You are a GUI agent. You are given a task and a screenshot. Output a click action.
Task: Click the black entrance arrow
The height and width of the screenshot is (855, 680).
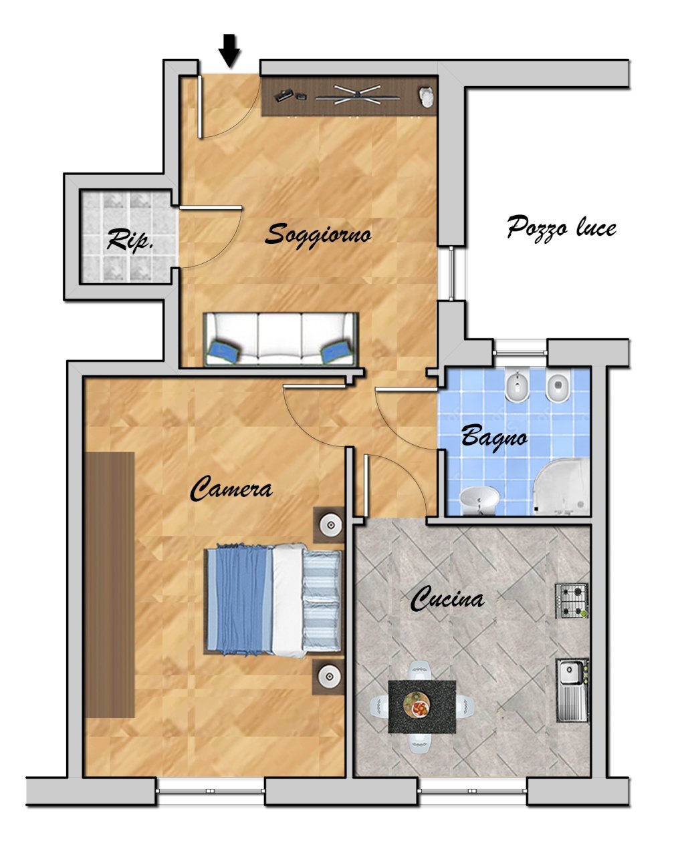pyautogui.click(x=229, y=51)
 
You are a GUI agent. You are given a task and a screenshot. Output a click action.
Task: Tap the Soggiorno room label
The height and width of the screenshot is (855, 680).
pyautogui.click(x=318, y=234)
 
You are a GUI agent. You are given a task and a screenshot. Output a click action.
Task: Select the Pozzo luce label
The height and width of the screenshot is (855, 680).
pyautogui.click(x=562, y=228)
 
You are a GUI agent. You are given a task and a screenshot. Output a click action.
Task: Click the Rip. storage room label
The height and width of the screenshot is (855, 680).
pyautogui.click(x=130, y=240)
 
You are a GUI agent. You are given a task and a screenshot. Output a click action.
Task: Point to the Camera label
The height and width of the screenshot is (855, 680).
pyautogui.click(x=231, y=489)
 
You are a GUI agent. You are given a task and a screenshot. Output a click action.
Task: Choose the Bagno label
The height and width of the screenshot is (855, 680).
pyautogui.click(x=494, y=438)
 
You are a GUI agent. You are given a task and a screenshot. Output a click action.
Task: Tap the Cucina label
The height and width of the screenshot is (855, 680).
pyautogui.click(x=447, y=598)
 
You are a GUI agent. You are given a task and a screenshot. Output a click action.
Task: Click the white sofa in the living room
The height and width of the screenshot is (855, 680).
pyautogui.click(x=281, y=339)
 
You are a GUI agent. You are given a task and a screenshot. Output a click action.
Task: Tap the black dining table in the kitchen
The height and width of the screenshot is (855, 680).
pyautogui.click(x=422, y=707)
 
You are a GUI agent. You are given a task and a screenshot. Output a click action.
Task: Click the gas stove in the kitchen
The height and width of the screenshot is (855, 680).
pyautogui.click(x=572, y=601)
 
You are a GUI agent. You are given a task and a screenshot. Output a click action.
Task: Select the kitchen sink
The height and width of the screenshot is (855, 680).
pyautogui.click(x=572, y=690)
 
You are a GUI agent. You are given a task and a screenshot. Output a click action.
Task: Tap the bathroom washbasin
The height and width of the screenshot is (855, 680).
pyautogui.click(x=479, y=500)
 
